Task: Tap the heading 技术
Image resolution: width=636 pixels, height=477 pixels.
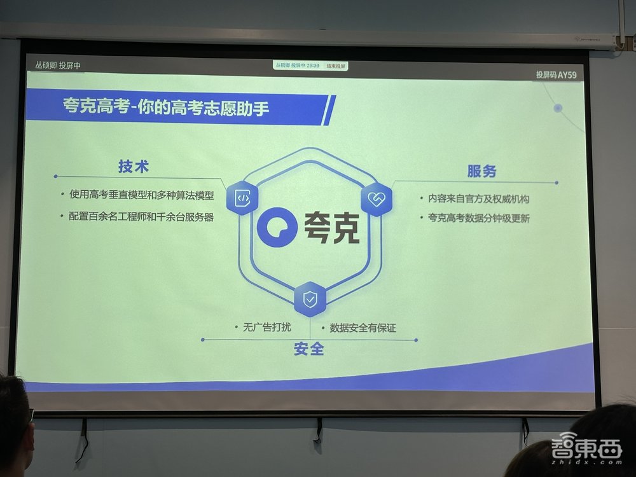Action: click(x=134, y=166)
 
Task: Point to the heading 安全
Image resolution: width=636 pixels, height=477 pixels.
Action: click(x=309, y=349)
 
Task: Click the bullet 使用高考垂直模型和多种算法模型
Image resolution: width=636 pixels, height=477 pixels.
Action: click(x=142, y=195)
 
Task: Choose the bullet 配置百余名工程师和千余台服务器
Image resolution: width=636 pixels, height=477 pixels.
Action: click(x=141, y=216)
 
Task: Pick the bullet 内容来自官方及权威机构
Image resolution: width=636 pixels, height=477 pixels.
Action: click(x=478, y=198)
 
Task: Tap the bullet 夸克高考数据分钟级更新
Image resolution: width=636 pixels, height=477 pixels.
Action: click(x=478, y=218)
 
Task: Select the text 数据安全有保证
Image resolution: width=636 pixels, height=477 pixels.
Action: click(x=363, y=328)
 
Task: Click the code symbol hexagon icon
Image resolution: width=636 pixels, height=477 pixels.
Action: click(x=242, y=198)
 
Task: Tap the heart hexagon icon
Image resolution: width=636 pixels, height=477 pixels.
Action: click(x=377, y=199)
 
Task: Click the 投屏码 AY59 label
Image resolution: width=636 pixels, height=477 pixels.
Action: click(x=556, y=74)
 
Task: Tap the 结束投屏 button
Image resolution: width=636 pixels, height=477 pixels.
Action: click(x=337, y=66)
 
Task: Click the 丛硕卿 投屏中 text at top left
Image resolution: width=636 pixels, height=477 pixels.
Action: click(x=58, y=66)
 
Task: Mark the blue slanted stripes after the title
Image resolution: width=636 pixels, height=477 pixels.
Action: click(x=328, y=110)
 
